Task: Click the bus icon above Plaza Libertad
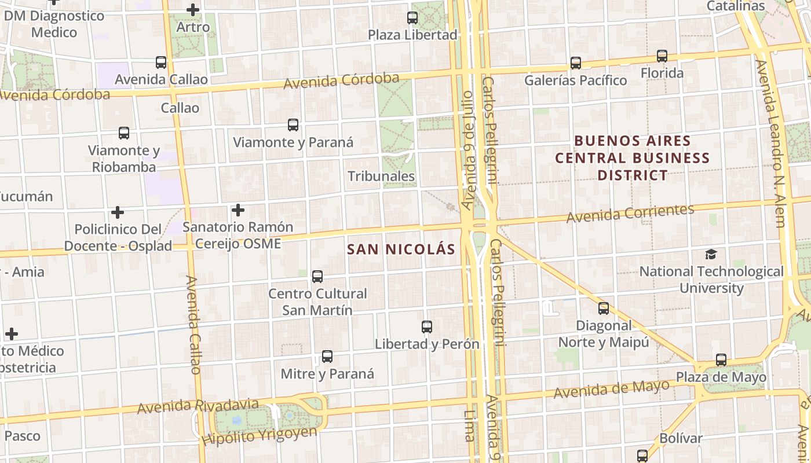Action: [412, 18]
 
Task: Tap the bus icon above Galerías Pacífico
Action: [575, 63]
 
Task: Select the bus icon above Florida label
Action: [662, 56]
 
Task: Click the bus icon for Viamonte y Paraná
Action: [293, 125]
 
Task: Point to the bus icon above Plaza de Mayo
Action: [721, 360]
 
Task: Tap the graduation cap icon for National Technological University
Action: [711, 254]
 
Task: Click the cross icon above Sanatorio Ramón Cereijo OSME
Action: [238, 210]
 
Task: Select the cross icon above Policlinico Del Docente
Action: [118, 212]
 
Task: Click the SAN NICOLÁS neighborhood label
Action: [401, 249]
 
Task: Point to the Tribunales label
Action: [381, 176]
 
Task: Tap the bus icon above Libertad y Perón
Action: [427, 327]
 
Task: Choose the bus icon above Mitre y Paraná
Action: [327, 357]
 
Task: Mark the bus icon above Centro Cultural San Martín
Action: [317, 277]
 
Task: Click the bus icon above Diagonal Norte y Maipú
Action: [604, 308]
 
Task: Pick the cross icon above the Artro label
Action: [193, 10]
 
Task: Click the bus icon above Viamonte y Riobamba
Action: [124, 133]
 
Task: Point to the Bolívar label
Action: [681, 438]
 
